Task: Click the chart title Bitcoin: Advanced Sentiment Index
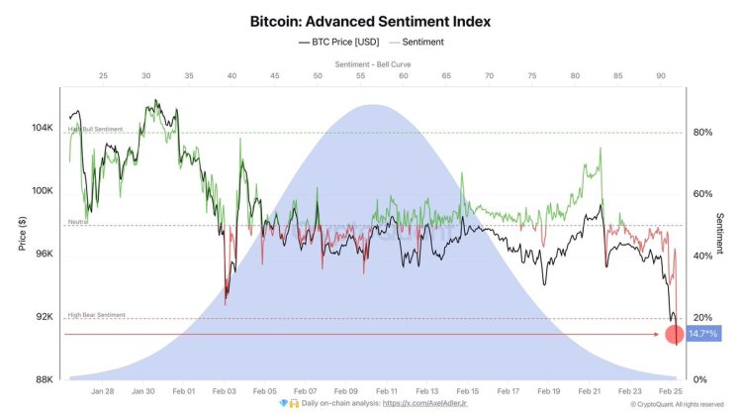point(371,21)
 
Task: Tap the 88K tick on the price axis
point(43,379)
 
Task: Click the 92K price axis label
point(43,317)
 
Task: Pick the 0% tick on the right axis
point(698,379)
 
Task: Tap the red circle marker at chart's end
point(674,335)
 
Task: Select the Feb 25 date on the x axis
point(671,391)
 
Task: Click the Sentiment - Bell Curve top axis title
point(373,63)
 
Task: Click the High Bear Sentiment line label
point(96,314)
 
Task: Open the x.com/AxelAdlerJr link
point(425,404)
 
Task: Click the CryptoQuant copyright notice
point(684,404)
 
